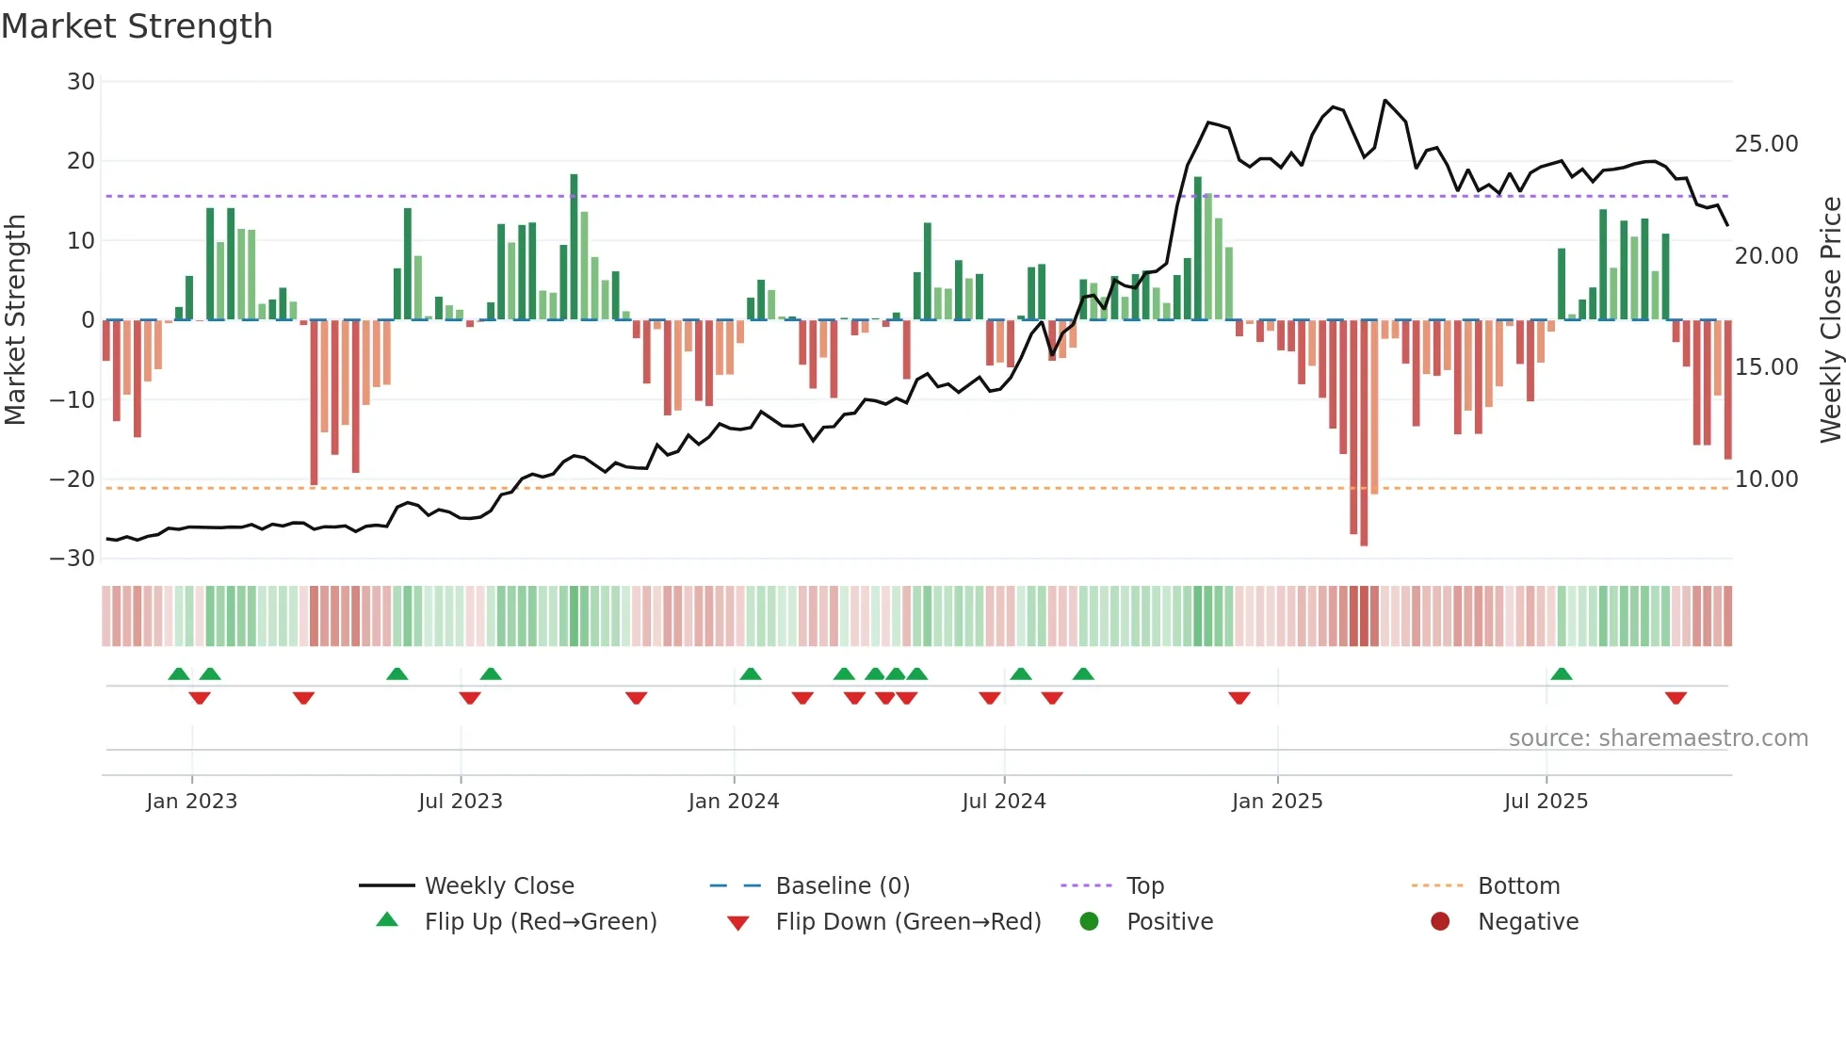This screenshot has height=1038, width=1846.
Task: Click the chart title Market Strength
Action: click(137, 26)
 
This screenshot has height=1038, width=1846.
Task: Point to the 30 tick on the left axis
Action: click(81, 82)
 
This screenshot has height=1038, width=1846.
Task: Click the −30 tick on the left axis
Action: click(73, 559)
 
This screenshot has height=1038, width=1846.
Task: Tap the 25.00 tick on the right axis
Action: click(1766, 144)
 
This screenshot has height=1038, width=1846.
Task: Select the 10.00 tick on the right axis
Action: click(1766, 479)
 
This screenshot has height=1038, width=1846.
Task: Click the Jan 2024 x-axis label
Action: click(734, 802)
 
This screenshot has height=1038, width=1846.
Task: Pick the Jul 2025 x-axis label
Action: click(1546, 802)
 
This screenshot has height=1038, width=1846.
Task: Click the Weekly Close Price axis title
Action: click(1830, 319)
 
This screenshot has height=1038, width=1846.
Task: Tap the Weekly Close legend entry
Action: click(498, 886)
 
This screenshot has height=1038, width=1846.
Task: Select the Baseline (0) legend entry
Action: click(842, 886)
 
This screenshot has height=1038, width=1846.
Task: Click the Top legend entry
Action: click(1144, 886)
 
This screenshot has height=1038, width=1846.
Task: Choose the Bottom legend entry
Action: click(1518, 886)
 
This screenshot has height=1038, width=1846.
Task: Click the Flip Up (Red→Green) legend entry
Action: click(540, 922)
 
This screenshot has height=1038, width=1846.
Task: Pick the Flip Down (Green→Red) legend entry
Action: click(908, 922)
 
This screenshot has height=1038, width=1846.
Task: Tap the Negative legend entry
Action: click(1527, 922)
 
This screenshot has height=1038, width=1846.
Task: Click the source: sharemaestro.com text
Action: click(1658, 738)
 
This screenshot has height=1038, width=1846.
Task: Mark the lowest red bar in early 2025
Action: click(1364, 433)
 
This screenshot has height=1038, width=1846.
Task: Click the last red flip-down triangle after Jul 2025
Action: click(1676, 698)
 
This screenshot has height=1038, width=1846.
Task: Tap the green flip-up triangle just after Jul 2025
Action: click(1562, 673)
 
